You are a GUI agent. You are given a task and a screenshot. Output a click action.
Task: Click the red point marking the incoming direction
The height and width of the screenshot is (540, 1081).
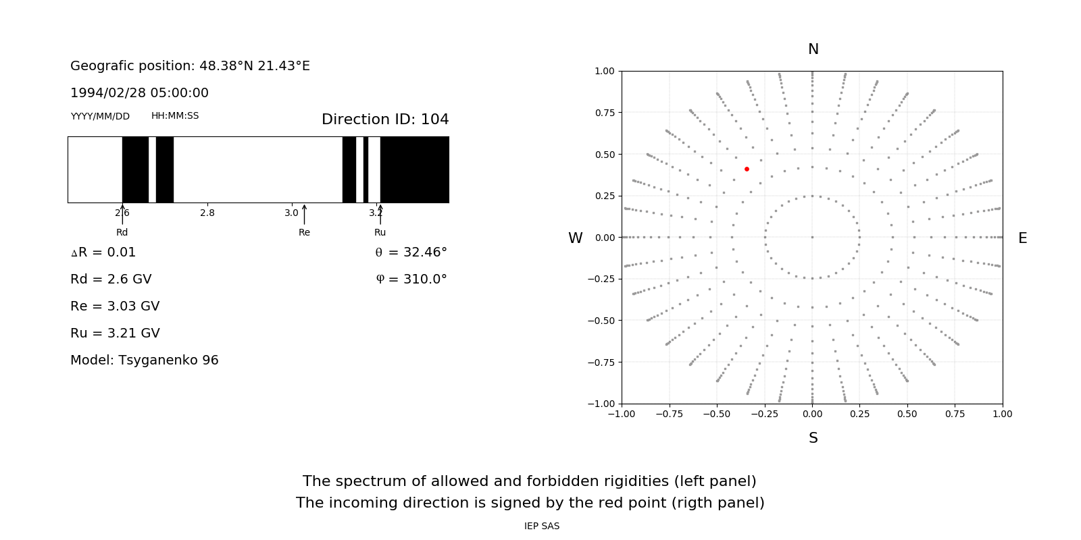tap(747, 169)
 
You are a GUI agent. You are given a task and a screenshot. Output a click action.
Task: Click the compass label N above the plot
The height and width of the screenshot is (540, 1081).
tap(813, 49)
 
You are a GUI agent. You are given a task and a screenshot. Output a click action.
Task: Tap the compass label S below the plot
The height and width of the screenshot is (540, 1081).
tap(813, 438)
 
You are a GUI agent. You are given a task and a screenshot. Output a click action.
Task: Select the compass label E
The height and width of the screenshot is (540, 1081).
tap(1022, 238)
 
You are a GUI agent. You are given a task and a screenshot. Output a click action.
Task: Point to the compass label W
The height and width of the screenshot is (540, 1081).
tap(575, 238)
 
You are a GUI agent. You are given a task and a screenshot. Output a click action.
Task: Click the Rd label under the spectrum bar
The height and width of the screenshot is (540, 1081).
tap(122, 232)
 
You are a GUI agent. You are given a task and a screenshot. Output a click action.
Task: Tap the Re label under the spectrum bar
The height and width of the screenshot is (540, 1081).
tap(304, 232)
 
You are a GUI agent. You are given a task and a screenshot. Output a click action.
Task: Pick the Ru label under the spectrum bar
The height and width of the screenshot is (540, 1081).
tap(380, 232)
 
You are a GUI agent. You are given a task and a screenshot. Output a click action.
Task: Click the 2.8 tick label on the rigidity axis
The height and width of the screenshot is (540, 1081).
tap(207, 213)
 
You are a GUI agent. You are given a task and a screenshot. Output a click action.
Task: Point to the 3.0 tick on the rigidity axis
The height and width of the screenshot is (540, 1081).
tap(291, 213)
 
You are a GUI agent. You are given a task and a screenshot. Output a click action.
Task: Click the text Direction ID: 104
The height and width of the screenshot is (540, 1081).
tap(385, 119)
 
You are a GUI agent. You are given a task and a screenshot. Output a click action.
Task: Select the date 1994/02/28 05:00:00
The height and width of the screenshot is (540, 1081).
tap(139, 92)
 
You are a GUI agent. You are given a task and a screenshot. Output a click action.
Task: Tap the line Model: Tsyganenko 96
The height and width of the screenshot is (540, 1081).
tap(145, 360)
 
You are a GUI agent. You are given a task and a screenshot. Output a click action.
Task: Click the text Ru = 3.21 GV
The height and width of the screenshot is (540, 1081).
tap(115, 333)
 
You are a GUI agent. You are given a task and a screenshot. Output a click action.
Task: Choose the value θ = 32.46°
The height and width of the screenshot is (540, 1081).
tap(411, 252)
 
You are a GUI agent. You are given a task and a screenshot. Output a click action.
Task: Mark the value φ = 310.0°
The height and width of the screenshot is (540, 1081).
tap(411, 279)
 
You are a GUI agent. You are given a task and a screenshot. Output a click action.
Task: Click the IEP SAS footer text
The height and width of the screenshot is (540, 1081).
tap(542, 526)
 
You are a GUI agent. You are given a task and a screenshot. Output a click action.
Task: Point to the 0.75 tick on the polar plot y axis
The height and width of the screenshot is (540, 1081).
tap(604, 113)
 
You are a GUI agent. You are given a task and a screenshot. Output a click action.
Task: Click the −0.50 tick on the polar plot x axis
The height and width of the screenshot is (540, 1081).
tap(717, 414)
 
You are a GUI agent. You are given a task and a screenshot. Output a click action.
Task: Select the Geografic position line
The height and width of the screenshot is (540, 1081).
tap(190, 65)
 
